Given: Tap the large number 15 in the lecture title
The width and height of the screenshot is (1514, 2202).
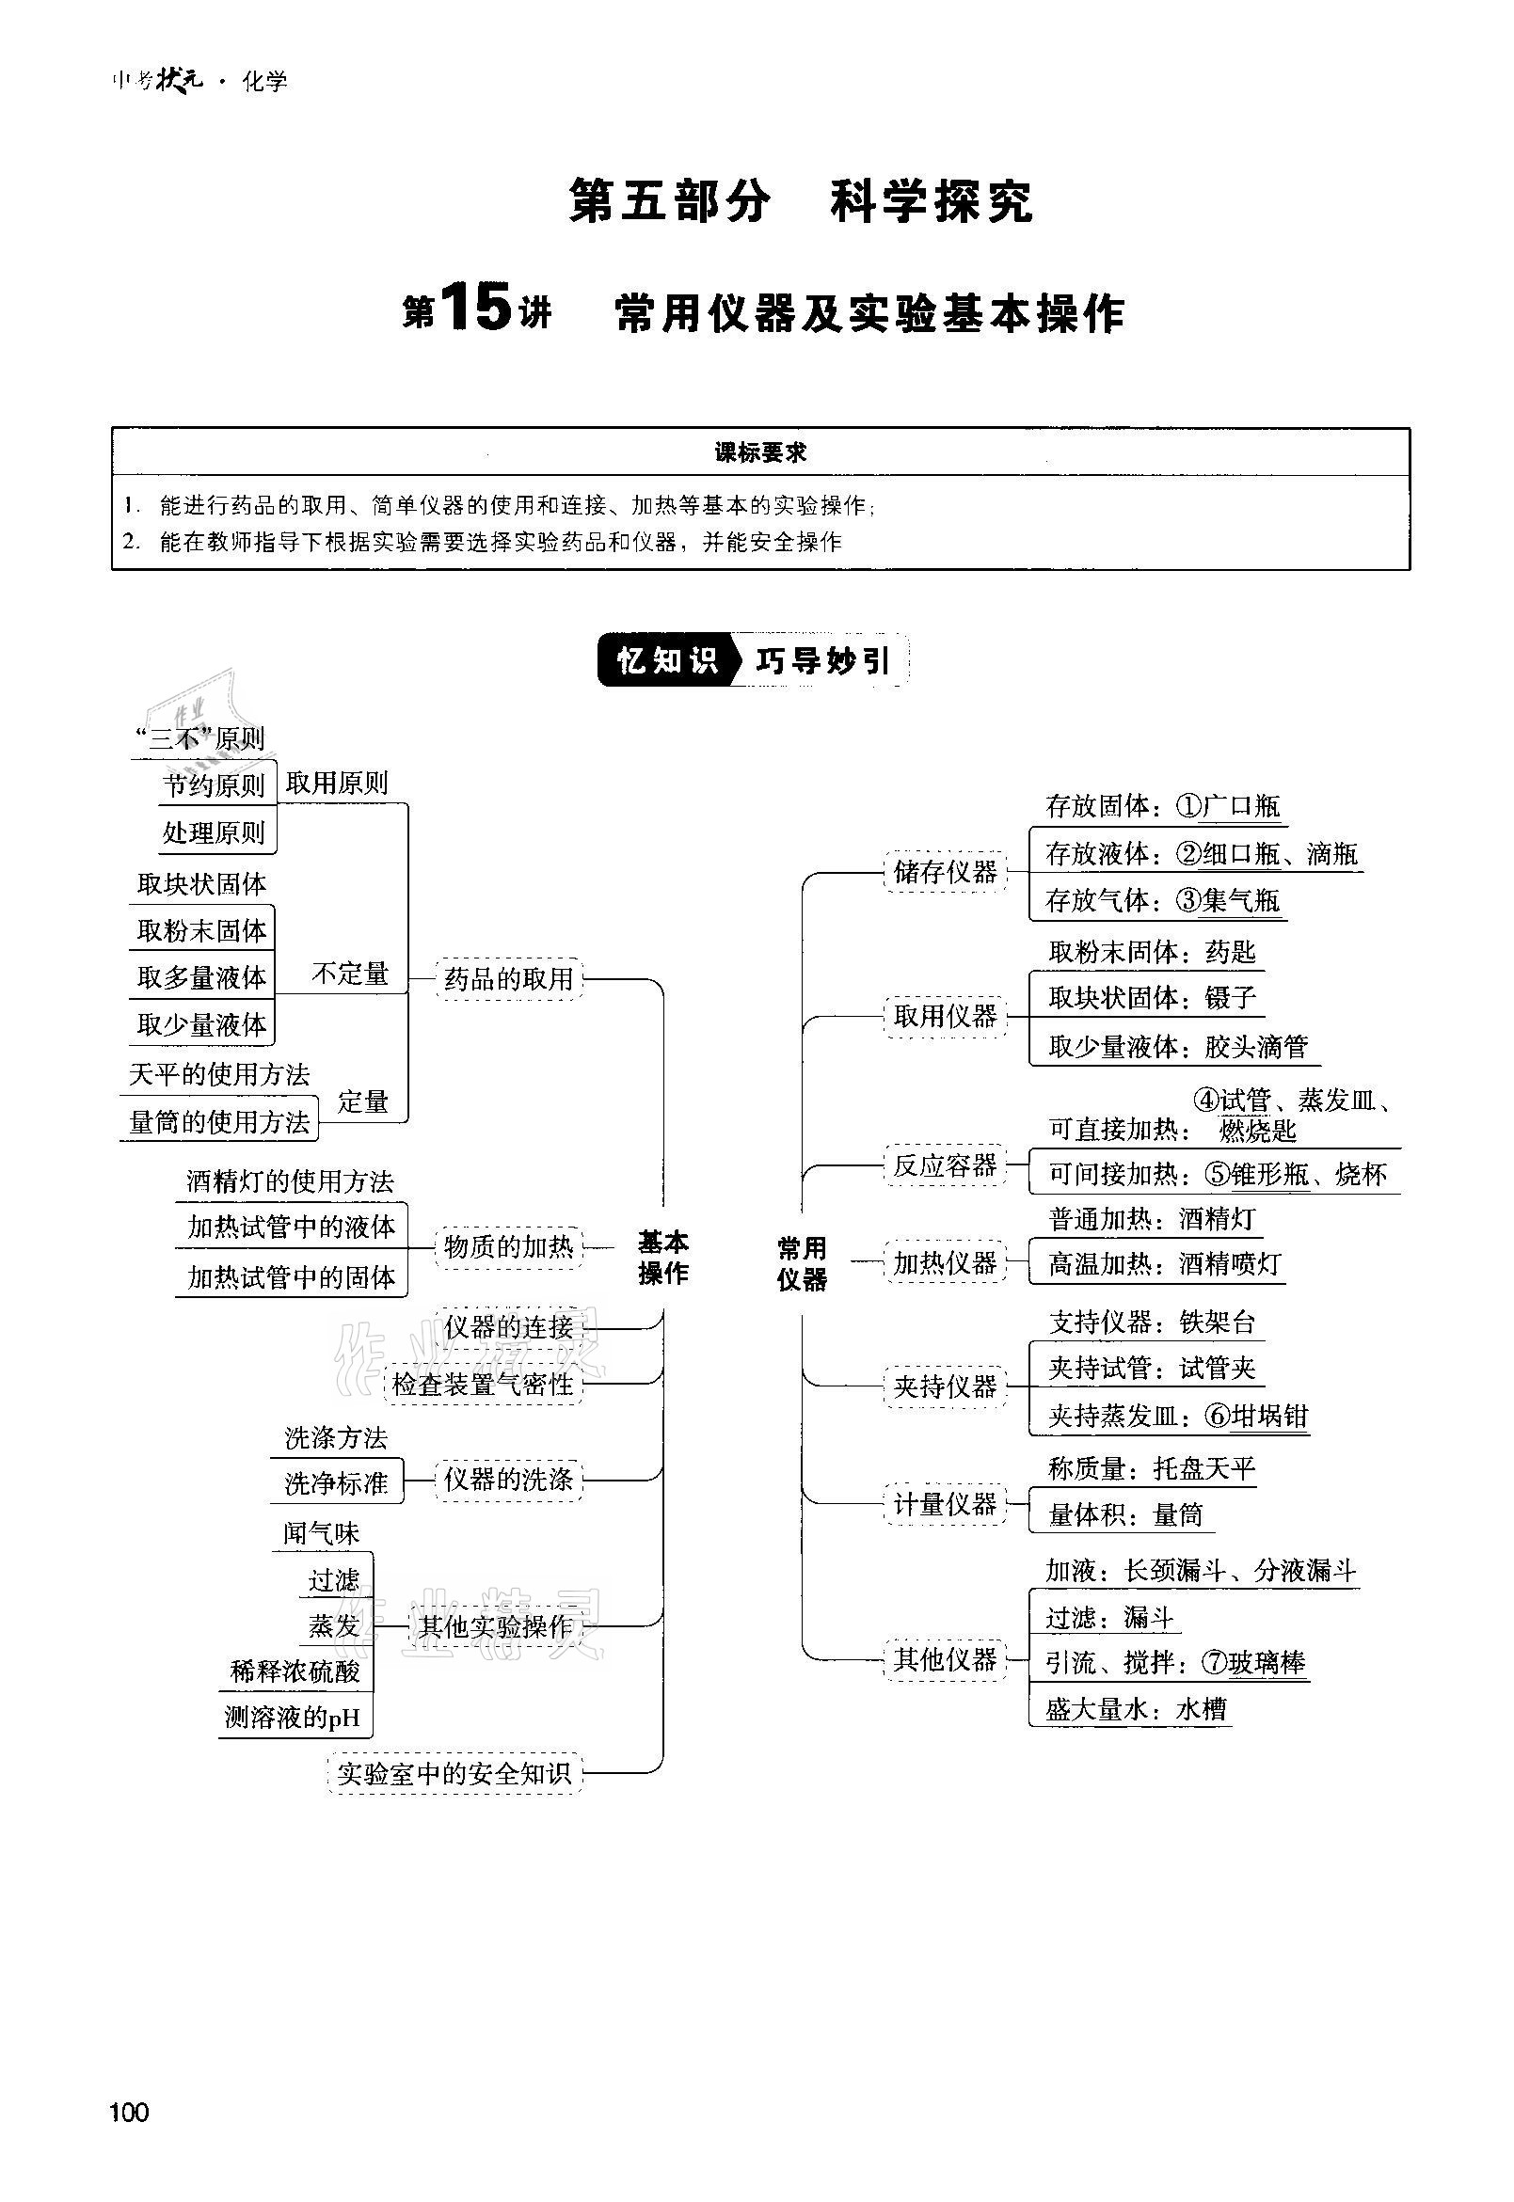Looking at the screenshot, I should pyautogui.click(x=476, y=308).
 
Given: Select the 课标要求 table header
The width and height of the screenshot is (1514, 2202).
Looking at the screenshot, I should pyautogui.click(x=760, y=452).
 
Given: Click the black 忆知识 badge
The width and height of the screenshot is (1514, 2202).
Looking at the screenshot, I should pyautogui.click(x=667, y=660).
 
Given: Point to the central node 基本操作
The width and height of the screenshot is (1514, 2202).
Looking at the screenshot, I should pyautogui.click(x=662, y=1258).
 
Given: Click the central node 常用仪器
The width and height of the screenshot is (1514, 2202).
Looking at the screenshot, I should pyautogui.click(x=802, y=1263).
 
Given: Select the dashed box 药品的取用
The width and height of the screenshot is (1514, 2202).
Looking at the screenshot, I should pyautogui.click(x=508, y=978).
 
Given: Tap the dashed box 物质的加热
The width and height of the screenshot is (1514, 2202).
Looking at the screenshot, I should pyautogui.click(x=508, y=1246).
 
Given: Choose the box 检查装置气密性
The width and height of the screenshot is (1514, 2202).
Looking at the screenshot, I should pyautogui.click(x=483, y=1385).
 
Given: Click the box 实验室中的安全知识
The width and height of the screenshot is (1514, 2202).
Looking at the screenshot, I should pyautogui.click(x=454, y=1772).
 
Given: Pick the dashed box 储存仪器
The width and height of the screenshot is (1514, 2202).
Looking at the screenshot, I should pyautogui.click(x=945, y=872).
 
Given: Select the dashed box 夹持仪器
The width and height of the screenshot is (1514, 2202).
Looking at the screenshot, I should pyautogui.click(x=945, y=1386).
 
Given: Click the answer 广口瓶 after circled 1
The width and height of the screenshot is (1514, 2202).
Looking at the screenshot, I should pyautogui.click(x=1242, y=806).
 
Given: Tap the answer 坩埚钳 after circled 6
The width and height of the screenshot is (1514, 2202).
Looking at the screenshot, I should pyautogui.click(x=1269, y=1416).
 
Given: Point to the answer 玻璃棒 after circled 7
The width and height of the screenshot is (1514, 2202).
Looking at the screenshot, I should pyautogui.click(x=1267, y=1662).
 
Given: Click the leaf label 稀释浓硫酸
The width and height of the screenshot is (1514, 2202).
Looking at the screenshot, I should pyautogui.click(x=295, y=1671).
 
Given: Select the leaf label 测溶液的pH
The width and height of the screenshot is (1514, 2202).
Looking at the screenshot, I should pyautogui.click(x=294, y=1718).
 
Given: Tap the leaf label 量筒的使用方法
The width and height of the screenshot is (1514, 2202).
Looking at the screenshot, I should pyautogui.click(x=219, y=1122).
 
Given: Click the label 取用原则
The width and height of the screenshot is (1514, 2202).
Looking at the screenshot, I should pyautogui.click(x=337, y=783).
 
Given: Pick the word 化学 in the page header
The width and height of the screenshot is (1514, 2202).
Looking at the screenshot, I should pyautogui.click(x=264, y=82).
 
